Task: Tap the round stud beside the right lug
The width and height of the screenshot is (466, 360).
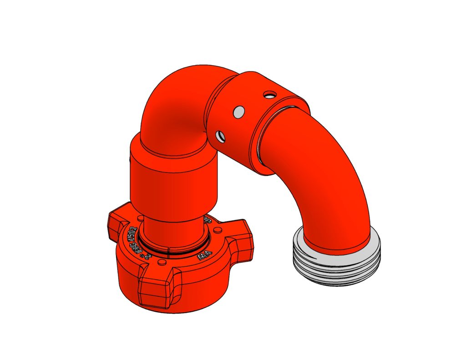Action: coord(217,229)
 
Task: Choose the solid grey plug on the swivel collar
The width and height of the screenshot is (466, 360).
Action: coord(238,112)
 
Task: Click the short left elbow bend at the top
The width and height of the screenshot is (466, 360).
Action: coord(177,109)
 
